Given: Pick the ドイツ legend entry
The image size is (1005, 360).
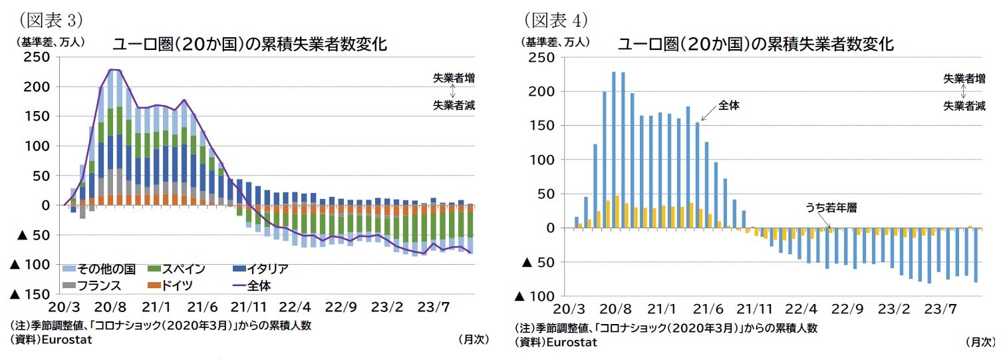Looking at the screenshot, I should [x=176, y=285].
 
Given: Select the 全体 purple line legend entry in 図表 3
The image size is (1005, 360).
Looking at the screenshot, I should [x=260, y=285].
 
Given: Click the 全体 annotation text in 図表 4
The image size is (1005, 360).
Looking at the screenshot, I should [x=729, y=105].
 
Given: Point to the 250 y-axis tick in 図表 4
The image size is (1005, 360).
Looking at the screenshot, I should [x=541, y=57].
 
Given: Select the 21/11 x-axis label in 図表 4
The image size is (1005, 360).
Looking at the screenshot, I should [x=756, y=309].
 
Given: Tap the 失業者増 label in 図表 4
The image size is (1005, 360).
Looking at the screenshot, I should [x=964, y=79].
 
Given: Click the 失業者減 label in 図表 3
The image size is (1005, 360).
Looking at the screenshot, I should [x=454, y=105].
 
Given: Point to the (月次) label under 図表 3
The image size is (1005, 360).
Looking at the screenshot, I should [x=474, y=339].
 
